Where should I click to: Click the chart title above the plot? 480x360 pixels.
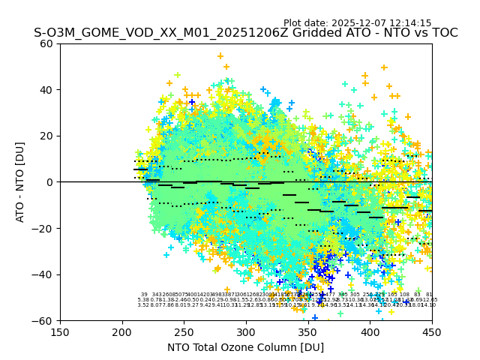(x=245, y=34)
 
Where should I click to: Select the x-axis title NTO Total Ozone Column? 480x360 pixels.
(x=245, y=347)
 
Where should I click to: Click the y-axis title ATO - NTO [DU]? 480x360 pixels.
(x=21, y=181)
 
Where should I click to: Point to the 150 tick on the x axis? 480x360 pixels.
(x=60, y=331)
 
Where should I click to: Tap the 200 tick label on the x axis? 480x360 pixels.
(x=122, y=331)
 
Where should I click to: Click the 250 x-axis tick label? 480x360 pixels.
(x=184, y=331)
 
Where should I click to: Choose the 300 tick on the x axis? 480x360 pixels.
(x=246, y=331)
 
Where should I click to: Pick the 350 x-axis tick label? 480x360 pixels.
(x=307, y=331)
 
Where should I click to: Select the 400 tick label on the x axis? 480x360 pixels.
(x=370, y=331)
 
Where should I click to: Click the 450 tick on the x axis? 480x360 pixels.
(x=432, y=331)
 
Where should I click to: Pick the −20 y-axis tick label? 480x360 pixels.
(x=45, y=228)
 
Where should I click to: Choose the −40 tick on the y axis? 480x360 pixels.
(x=45, y=274)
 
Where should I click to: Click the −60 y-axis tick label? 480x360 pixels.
(x=45, y=320)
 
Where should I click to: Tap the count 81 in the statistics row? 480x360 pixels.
(x=429, y=295)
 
